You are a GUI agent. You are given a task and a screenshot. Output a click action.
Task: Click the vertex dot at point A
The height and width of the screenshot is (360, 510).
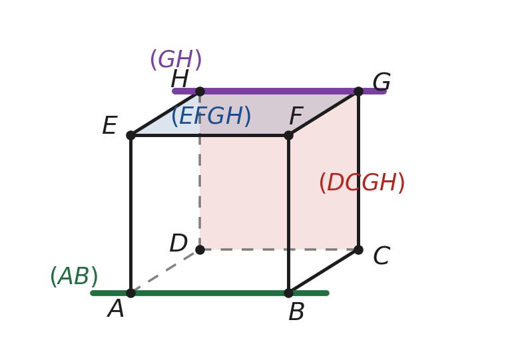click(x=130, y=293)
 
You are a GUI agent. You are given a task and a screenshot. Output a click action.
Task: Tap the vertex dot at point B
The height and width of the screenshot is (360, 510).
click(x=288, y=293)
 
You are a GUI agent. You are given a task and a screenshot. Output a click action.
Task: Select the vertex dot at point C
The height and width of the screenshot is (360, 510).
click(x=358, y=250)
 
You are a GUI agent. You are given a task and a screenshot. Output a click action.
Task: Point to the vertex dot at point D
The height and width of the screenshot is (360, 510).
click(x=200, y=250)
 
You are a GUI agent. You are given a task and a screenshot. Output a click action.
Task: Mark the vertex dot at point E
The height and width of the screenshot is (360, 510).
click(x=130, y=135)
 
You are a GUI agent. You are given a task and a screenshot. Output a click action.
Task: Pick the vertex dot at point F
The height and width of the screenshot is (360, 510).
click(x=288, y=135)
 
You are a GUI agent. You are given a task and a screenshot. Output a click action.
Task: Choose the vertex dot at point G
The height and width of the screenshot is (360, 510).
click(x=358, y=91)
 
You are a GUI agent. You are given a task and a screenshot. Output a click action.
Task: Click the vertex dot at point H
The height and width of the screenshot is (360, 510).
click(x=200, y=91)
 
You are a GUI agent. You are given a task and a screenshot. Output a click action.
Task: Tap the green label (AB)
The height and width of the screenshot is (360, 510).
click(x=74, y=277)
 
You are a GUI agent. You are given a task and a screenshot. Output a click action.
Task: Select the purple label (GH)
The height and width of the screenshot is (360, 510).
click(x=176, y=60)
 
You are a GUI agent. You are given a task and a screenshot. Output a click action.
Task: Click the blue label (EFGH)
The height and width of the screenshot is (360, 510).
click(x=212, y=116)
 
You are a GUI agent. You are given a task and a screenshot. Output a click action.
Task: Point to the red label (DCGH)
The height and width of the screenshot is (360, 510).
click(x=362, y=182)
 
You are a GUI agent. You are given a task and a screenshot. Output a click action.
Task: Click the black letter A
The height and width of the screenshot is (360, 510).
click(x=116, y=309)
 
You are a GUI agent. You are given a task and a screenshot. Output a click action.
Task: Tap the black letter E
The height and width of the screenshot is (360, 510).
click(x=110, y=126)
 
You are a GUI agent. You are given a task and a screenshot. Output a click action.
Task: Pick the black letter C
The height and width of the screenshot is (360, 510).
click(x=382, y=256)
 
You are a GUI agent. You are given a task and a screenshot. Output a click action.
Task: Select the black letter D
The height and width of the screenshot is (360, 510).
click(x=178, y=244)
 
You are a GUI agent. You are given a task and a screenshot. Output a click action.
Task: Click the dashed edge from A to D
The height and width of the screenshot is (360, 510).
click(x=165, y=271)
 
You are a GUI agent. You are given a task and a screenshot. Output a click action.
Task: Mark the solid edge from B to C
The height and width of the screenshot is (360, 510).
click(x=324, y=271)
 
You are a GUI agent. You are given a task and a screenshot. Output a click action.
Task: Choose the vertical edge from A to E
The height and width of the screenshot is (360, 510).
click(x=130, y=214)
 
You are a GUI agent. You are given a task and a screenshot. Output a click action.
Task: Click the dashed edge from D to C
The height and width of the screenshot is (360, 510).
click(x=279, y=250)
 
